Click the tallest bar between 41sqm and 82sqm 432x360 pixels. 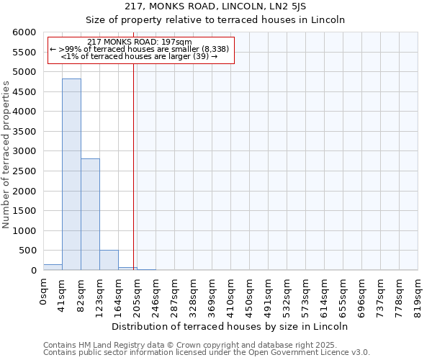pos(71,174)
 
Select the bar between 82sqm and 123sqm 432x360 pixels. pos(90,214)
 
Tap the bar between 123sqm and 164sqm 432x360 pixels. pos(109,260)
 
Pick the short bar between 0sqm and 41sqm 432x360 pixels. pos(53,267)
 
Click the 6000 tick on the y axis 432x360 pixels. pos(24,33)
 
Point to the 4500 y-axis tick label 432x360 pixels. pos(24,92)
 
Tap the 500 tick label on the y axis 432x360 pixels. pos(27,251)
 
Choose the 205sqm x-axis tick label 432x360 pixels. pos(138,295)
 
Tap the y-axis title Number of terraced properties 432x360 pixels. pos(7,155)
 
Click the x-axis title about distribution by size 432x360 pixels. pos(230,326)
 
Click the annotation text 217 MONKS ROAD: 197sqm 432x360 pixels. pos(139,42)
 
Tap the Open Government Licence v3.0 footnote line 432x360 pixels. pos(207,352)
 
